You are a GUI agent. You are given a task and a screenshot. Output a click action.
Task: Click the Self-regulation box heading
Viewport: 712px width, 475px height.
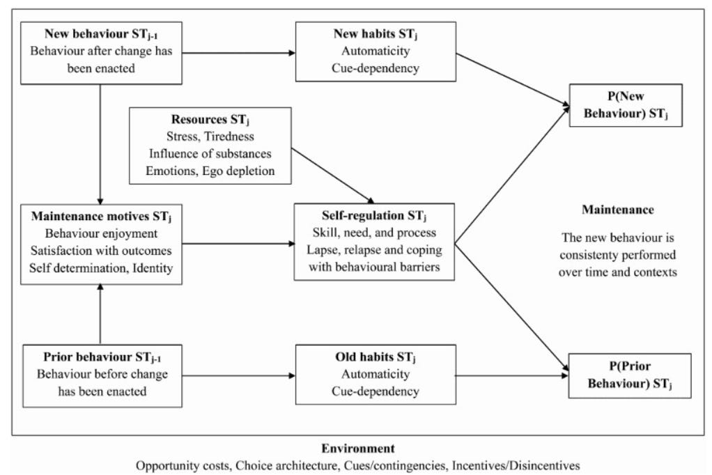[x=374, y=215]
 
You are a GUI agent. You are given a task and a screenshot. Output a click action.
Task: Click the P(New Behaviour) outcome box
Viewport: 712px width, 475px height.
[x=625, y=105]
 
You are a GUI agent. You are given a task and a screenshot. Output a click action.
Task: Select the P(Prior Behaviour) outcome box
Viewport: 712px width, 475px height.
[x=630, y=375]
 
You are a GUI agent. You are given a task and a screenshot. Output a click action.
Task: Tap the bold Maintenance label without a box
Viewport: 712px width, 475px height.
[x=617, y=209]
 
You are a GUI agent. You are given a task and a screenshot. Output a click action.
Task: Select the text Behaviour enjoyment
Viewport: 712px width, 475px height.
[x=102, y=232]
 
